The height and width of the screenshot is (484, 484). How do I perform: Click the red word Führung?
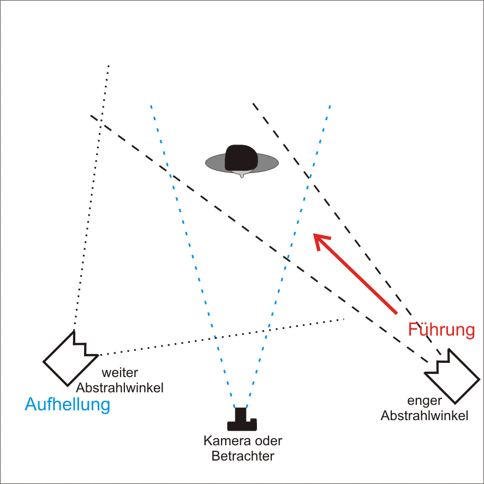coord(446,330)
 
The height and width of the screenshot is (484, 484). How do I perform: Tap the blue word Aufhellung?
coord(68,404)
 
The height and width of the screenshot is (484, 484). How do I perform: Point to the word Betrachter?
coord(243,456)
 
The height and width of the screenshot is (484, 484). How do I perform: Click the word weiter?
coord(120,373)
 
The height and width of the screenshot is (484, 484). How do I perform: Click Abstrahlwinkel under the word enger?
coord(425,416)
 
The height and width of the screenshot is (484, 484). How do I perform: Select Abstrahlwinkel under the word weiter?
coord(120,388)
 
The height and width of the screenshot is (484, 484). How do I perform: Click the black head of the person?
coord(241,158)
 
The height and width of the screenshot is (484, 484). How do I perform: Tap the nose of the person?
coord(242,175)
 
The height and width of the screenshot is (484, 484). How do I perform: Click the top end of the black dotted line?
coord(109,65)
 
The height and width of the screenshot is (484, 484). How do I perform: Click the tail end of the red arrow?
coord(396,313)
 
